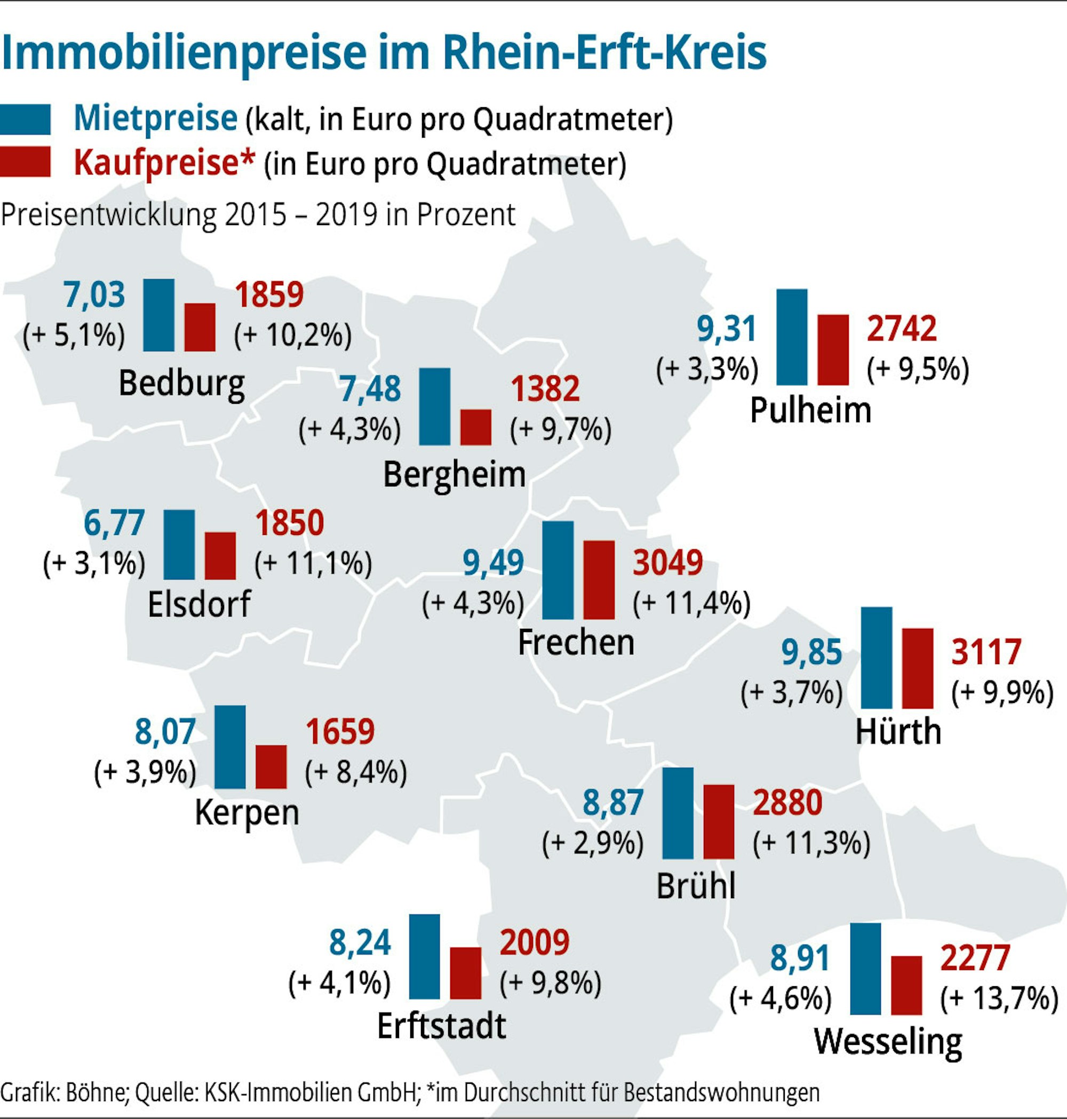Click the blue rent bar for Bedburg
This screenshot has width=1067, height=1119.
pos(158,315)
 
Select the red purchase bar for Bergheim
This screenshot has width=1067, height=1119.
pos(475,427)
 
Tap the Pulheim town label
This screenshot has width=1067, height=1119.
pos(810,410)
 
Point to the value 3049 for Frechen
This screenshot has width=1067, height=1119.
pos(668,562)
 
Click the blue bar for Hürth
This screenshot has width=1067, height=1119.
pos(877,657)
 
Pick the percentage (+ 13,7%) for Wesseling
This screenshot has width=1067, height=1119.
pos(999,998)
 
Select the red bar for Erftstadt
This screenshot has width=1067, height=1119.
pos(465,973)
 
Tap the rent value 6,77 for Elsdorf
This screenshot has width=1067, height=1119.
pos(114,523)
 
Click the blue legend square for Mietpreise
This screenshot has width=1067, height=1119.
pos(26,119)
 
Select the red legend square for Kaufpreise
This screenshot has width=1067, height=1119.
pos(26,162)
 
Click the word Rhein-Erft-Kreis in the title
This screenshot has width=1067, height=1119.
pos(604,52)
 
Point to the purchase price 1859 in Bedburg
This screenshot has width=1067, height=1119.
pos(269,294)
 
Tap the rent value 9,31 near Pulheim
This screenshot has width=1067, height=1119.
pos(727,329)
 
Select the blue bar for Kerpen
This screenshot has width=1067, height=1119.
pos(230,747)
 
